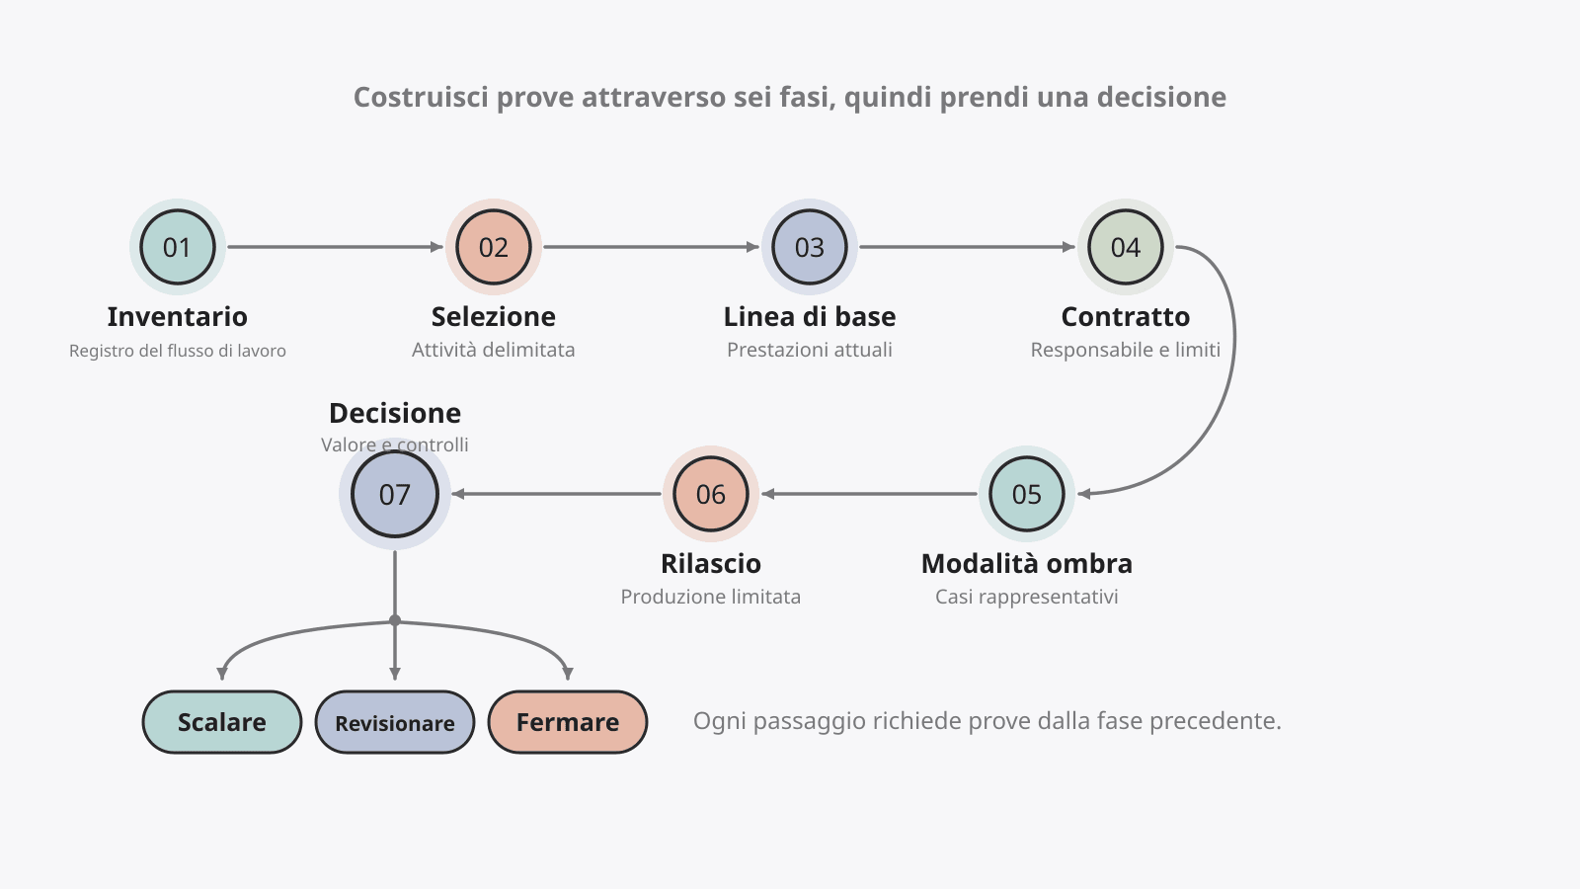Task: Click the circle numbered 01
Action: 178,247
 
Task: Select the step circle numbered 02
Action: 494,247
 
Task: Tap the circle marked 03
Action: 810,247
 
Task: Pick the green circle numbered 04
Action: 1126,247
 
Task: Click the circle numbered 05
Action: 1027,494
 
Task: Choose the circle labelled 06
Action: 711,494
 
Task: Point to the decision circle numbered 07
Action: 395,494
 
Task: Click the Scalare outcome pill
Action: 222,722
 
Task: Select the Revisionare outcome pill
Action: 395,722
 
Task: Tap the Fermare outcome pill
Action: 568,722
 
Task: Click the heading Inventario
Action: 178,317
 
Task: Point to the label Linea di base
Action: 810,317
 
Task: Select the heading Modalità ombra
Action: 1027,564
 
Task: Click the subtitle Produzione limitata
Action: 711,597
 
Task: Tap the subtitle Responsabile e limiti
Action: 1126,350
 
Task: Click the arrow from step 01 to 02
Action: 335,247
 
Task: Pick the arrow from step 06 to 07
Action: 557,494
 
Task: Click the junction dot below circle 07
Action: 395,621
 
